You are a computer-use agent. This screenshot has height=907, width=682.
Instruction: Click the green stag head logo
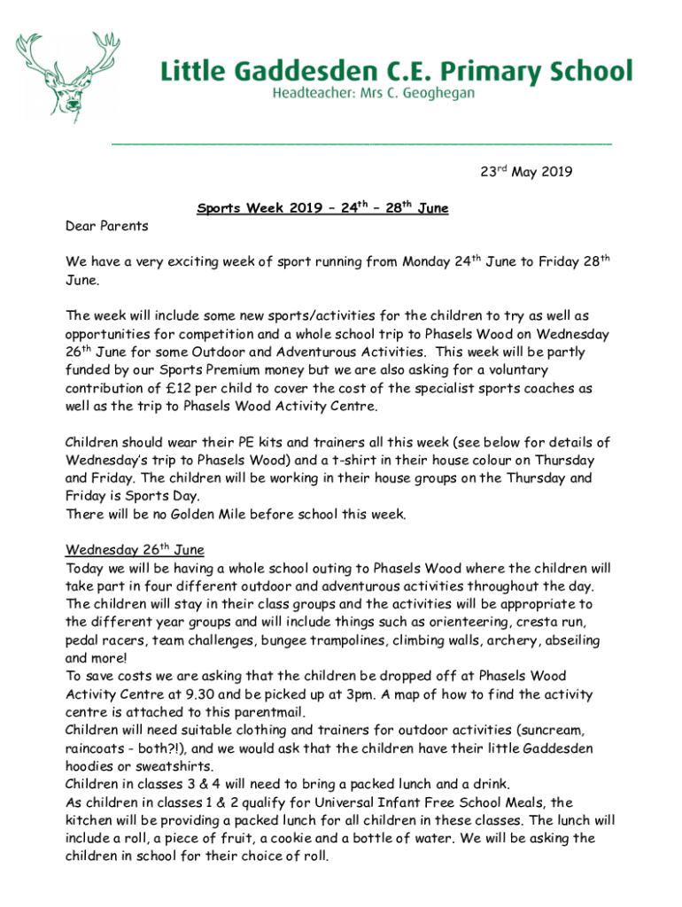pos(66,76)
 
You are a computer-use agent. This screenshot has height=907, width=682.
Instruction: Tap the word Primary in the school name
pos(469,70)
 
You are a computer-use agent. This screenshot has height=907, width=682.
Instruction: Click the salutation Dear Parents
pos(107,226)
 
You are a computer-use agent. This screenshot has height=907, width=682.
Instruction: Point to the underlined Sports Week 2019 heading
pos(322,209)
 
